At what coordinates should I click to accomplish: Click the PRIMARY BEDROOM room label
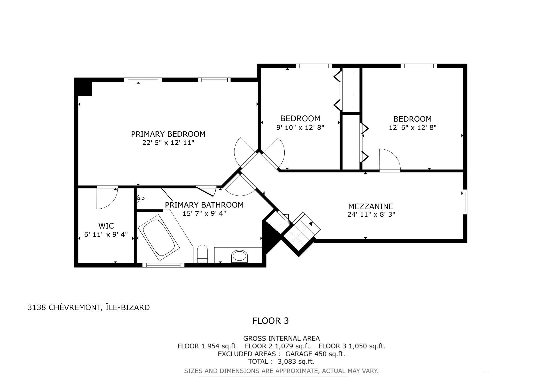pyautogui.click(x=168, y=134)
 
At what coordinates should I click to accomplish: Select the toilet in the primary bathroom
pyautogui.click(x=202, y=254)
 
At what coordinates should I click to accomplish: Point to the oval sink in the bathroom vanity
pyautogui.click(x=239, y=256)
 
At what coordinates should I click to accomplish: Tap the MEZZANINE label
pyautogui.click(x=371, y=206)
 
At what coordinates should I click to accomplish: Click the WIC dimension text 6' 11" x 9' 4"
pyautogui.click(x=106, y=234)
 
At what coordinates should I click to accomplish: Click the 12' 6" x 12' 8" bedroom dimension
pyautogui.click(x=412, y=127)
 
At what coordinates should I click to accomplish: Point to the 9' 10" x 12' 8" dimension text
pyautogui.click(x=300, y=127)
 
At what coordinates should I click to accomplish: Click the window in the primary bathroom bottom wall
pyautogui.click(x=163, y=265)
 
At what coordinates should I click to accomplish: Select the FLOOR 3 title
pyautogui.click(x=271, y=321)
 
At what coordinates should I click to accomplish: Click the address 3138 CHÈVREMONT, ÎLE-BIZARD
pyautogui.click(x=89, y=307)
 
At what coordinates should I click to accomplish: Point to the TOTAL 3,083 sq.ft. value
pyautogui.click(x=281, y=361)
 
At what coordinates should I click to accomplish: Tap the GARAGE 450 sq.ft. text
pyautogui.click(x=315, y=354)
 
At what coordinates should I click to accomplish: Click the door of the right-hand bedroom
pyautogui.click(x=390, y=160)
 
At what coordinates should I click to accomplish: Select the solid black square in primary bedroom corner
pyautogui.click(x=84, y=88)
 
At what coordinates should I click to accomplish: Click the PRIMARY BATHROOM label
pyautogui.click(x=204, y=205)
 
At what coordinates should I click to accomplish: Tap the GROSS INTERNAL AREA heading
pyautogui.click(x=281, y=339)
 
